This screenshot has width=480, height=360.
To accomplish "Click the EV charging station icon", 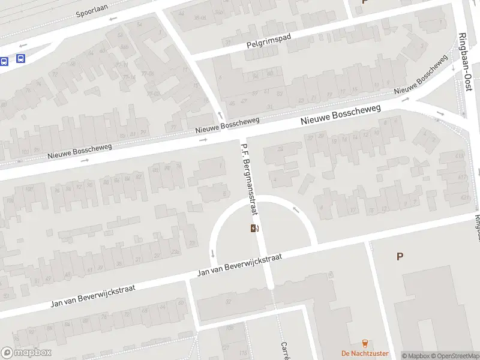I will coord(255,228).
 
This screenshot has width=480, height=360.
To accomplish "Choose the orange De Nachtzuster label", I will coord(365,353).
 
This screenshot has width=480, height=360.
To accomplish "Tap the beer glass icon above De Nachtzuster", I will coord(364,343).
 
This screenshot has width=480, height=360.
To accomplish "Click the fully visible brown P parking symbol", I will coord(400,256).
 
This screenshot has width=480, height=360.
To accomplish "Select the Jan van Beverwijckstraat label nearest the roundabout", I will coord(239,265).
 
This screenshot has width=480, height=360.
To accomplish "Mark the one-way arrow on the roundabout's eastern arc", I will coord(296,210).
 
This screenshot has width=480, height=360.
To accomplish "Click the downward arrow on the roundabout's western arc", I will coord(212,253).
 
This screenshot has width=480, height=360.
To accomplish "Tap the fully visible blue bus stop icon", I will coord(21,59).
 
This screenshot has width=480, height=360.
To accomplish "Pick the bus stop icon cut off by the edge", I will coord(3,61).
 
